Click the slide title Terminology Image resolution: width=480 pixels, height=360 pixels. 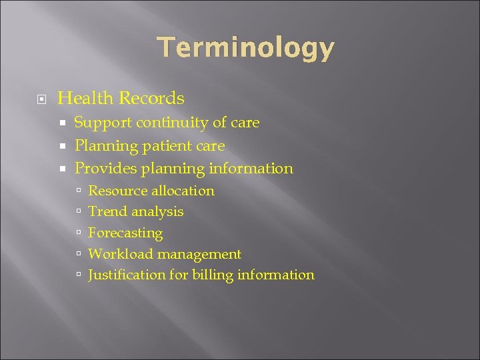246,49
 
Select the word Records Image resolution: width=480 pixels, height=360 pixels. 151,99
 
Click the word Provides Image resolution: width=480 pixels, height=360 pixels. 105,168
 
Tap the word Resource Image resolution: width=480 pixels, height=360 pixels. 117,191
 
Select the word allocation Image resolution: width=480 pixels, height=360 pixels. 183,191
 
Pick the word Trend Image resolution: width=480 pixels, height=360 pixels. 108,212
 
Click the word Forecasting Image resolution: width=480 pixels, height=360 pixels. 125,233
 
